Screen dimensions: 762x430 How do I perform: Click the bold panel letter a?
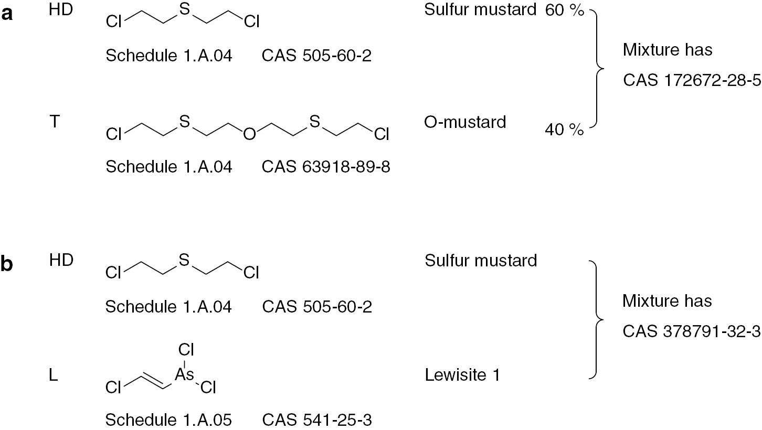click(x=7, y=15)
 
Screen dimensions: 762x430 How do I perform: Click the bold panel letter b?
click(x=7, y=264)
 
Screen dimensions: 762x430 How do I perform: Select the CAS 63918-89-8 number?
click(x=326, y=167)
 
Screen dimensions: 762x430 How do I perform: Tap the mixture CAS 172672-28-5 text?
click(x=692, y=81)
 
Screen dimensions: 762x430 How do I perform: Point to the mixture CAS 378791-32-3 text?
click(x=691, y=331)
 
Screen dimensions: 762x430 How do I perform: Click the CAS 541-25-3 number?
click(x=317, y=420)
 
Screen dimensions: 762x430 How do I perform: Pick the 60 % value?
click(x=564, y=10)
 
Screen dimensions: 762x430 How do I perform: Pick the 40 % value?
click(x=564, y=130)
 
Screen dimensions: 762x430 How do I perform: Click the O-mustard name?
click(x=465, y=122)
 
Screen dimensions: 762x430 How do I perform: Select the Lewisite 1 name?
click(x=462, y=375)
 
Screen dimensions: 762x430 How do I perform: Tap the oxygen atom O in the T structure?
click(x=249, y=134)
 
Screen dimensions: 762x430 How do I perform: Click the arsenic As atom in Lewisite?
click(x=184, y=374)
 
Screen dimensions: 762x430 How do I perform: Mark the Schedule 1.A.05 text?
click(x=168, y=420)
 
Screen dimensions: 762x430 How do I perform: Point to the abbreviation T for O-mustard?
click(x=55, y=121)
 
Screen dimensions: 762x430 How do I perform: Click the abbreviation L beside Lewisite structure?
click(x=54, y=375)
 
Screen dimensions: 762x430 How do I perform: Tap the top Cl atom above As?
click(x=186, y=350)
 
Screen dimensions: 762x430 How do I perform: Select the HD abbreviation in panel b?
click(x=61, y=261)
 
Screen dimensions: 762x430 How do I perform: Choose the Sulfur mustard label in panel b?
click(x=481, y=261)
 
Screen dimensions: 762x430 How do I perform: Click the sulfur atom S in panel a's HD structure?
click(x=184, y=9)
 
